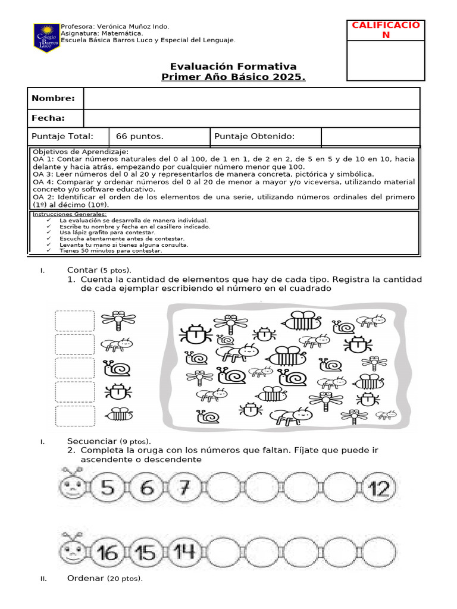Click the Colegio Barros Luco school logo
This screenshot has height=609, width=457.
coord(46,37)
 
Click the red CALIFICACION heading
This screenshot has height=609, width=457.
coord(386,30)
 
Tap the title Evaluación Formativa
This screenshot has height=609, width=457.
coord(233,67)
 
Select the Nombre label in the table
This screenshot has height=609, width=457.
coord(54,98)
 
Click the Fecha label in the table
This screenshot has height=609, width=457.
coord(48,118)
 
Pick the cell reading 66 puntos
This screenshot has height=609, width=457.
coord(139,137)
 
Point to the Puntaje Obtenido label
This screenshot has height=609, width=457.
coord(254,137)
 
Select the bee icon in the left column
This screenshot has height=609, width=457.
coord(118,414)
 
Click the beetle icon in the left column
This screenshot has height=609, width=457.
coord(117,391)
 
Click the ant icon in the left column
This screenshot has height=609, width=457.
coord(117,344)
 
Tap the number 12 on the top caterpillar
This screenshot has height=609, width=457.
coord(378,489)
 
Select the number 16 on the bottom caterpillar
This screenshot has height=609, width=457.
coord(108,553)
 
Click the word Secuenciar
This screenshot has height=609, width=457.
coord(92,441)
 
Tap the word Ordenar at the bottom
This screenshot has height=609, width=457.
coord(86,579)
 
